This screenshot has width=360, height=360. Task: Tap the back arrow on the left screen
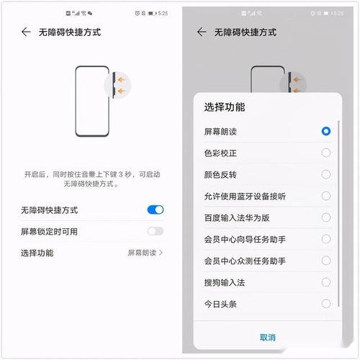click(26, 32)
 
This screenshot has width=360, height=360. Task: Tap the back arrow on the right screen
click(202, 32)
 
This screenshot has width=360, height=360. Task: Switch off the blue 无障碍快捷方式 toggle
click(155, 210)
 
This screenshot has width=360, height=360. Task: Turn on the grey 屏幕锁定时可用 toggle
click(155, 231)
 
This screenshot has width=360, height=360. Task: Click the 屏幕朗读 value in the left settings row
click(143, 253)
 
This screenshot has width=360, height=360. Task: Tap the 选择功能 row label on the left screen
click(37, 253)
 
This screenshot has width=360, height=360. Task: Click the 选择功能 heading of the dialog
click(225, 107)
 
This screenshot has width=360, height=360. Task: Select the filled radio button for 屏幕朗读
click(326, 131)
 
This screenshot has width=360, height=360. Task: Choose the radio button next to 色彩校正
click(326, 153)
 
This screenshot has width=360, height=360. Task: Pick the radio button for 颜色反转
click(326, 174)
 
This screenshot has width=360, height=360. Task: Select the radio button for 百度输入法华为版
click(326, 217)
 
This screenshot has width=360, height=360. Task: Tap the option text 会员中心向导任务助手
click(246, 239)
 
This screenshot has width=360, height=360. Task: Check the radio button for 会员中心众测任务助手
click(326, 261)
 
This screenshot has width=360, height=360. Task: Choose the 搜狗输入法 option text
click(225, 282)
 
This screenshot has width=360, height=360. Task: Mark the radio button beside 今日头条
click(326, 304)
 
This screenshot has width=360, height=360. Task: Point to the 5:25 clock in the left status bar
click(163, 14)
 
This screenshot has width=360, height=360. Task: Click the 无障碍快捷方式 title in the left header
click(69, 32)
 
